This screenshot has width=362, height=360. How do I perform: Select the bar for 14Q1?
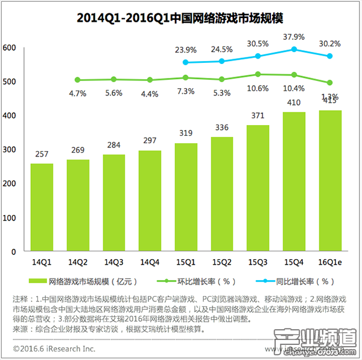coord(42,207)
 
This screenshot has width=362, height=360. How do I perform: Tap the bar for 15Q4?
coord(294,181)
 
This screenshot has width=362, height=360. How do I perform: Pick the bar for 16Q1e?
coord(330,180)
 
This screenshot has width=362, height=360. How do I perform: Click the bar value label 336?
coord(221,127)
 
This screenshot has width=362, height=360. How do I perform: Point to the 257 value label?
coord(42,154)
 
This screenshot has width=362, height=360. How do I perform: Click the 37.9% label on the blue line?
coord(294,36)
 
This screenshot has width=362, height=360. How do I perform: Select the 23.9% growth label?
coord(186,50)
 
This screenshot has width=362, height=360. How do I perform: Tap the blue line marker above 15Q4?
coord(294,50)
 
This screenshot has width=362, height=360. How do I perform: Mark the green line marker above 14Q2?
coord(77,80)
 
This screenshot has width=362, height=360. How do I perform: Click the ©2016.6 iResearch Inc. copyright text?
coord(54,349)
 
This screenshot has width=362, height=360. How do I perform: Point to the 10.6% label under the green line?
coord(258,89)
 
